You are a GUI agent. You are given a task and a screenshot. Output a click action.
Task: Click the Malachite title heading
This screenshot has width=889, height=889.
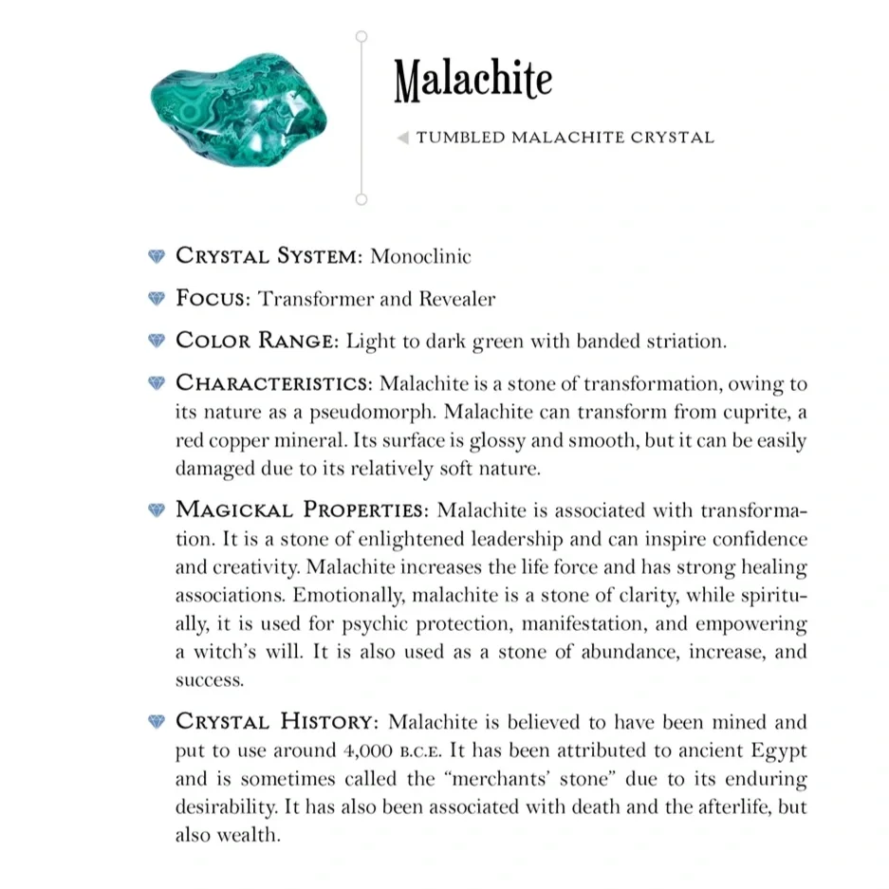[x=472, y=81]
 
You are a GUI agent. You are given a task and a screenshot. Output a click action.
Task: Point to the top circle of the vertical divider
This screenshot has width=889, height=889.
[x=361, y=36]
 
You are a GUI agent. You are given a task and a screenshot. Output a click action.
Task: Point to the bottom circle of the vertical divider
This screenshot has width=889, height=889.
[x=361, y=199]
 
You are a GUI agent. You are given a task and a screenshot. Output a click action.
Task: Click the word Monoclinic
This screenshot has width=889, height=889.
[x=420, y=256]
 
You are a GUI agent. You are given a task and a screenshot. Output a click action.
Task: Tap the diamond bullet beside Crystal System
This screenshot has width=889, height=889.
[x=157, y=256]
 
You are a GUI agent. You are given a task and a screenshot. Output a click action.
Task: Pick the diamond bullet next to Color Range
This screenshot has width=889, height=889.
[x=157, y=341]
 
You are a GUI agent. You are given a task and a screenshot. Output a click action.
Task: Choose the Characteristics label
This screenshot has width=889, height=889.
[x=273, y=383]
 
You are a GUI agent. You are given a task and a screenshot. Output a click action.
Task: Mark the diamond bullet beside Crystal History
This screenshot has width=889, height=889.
[x=157, y=722]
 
